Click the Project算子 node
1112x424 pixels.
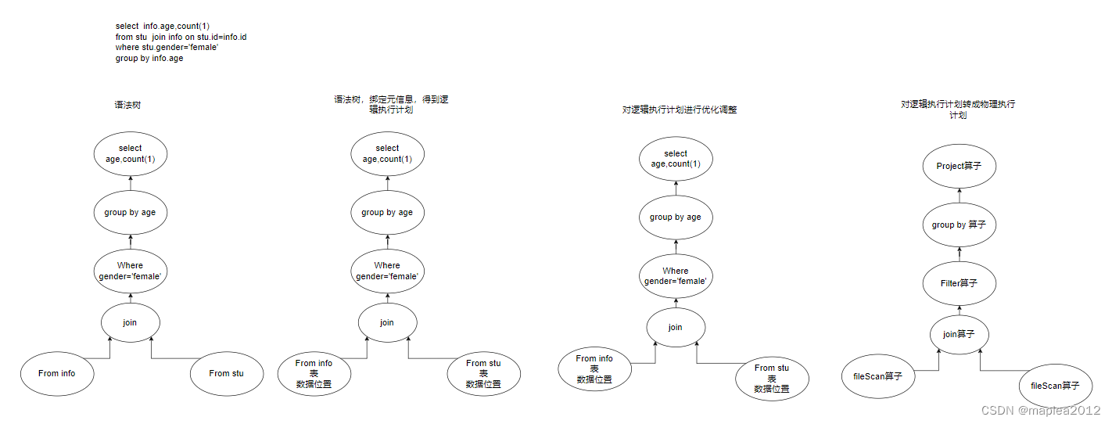click(959, 166)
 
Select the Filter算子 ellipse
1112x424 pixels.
click(959, 283)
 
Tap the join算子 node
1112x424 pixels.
click(959, 334)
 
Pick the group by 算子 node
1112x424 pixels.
click(959, 225)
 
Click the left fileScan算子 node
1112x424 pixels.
click(877, 376)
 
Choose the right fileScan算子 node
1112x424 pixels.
click(1055, 386)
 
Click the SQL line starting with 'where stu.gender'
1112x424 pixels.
click(167, 48)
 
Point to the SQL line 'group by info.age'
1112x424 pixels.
click(149, 59)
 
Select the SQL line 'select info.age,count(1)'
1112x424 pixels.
click(163, 26)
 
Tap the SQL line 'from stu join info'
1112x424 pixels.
click(181, 37)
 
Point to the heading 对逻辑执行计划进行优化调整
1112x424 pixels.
click(680, 110)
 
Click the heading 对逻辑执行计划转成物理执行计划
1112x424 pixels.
click(958, 109)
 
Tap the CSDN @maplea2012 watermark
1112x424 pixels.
click(1040, 410)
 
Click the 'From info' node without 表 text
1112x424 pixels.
click(57, 373)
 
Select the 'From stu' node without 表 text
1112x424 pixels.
click(226, 373)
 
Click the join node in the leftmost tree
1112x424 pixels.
click(130, 321)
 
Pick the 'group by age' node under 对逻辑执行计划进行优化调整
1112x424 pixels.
click(676, 217)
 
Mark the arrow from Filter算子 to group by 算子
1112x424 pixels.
click(960, 253)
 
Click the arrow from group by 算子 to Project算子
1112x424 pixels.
click(960, 196)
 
